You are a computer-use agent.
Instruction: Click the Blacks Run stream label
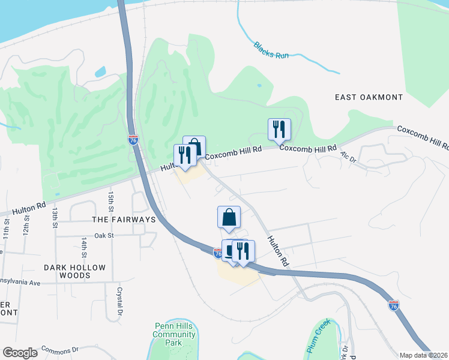click(x=271, y=50)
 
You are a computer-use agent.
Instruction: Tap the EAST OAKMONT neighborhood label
click(x=369, y=97)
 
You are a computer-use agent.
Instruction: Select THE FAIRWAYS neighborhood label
click(x=124, y=220)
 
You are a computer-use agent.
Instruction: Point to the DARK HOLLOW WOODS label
click(x=74, y=271)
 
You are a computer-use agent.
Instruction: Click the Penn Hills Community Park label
click(x=175, y=334)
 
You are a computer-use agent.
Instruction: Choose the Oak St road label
click(x=104, y=236)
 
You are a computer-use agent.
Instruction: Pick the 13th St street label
click(x=54, y=218)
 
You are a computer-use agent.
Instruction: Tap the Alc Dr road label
click(x=348, y=157)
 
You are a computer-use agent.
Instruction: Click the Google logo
click(x=20, y=352)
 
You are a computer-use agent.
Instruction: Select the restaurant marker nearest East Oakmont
click(x=279, y=129)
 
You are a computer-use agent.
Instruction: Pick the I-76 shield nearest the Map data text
click(x=394, y=306)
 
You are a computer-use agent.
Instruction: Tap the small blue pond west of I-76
click(x=100, y=73)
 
